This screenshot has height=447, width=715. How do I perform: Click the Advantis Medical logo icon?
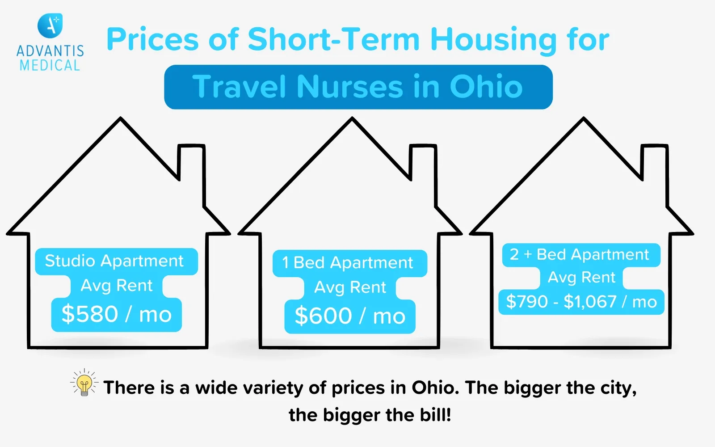(x=50, y=25)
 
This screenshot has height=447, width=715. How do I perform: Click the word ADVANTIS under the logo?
(x=50, y=51)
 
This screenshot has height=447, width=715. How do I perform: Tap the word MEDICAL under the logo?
(x=50, y=66)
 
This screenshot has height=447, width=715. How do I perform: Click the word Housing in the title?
(x=493, y=40)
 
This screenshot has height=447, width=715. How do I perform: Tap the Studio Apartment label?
(x=114, y=261)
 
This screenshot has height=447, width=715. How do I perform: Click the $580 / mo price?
(x=117, y=314)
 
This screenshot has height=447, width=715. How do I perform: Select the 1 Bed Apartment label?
(x=348, y=263)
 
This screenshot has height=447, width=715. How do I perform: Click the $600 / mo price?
(x=350, y=316)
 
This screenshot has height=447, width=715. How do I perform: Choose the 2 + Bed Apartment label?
(x=580, y=254)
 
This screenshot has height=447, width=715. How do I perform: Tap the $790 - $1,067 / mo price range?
(x=581, y=302)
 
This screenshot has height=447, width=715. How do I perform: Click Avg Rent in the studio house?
(x=117, y=285)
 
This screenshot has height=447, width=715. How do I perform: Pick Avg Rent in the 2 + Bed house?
(x=581, y=278)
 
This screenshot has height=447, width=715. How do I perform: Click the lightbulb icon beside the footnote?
(x=84, y=384)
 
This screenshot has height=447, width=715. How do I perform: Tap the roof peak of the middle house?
(x=352, y=121)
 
